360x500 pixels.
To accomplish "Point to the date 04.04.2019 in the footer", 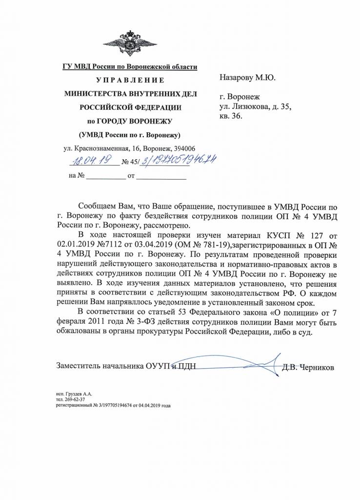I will [x=143, y=405].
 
